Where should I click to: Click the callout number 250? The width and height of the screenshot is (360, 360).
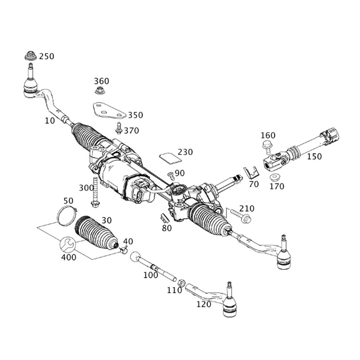tap(46, 57)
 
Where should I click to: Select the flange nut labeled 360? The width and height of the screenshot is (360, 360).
tap(99, 90)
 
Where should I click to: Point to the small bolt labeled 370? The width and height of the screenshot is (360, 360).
tap(119, 128)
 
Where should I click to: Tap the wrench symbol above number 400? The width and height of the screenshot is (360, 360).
tap(68, 245)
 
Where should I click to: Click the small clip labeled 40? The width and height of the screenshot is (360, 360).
tap(124, 250)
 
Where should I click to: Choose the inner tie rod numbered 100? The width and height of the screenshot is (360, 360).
tap(154, 267)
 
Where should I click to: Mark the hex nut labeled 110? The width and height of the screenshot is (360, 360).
tap(180, 283)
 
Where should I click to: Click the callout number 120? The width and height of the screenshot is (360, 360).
tap(204, 304)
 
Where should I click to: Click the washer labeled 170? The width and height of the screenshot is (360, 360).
tap(276, 177)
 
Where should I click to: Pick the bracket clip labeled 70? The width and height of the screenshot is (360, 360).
tap(251, 173)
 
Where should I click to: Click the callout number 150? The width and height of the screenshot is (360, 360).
tap(314, 156)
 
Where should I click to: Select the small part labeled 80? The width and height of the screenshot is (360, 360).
tap(164, 218)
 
